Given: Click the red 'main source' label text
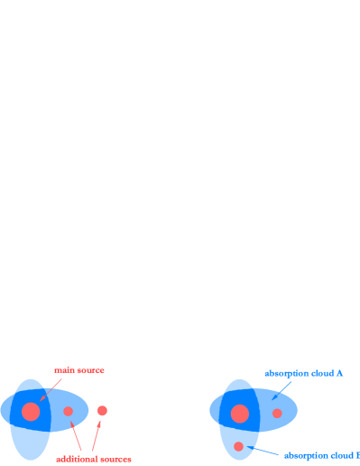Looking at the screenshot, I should pos(78,370).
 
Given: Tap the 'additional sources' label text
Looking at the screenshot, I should pos(94,459).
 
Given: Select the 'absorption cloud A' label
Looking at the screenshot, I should pos(303,373).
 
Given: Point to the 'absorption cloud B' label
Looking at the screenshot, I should pos(321,455).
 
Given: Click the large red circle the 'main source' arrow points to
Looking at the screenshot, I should pos(31,412).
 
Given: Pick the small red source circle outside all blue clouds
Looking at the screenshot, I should pos(102,411).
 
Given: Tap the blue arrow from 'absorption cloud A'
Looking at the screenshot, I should pos(282,389).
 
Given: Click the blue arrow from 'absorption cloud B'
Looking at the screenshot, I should pos(263,450).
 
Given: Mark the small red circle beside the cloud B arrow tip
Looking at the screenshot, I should pos(238,446).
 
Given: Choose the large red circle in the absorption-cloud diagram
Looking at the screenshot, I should pos(240,414).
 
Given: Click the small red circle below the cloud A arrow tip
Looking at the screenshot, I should pos(277,414).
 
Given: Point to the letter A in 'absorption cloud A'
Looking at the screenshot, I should pos(339,373).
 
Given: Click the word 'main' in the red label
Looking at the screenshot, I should pos(63,370).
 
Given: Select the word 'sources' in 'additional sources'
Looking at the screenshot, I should pos(115,459).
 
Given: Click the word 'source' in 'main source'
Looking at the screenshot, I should pos(90,370).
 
